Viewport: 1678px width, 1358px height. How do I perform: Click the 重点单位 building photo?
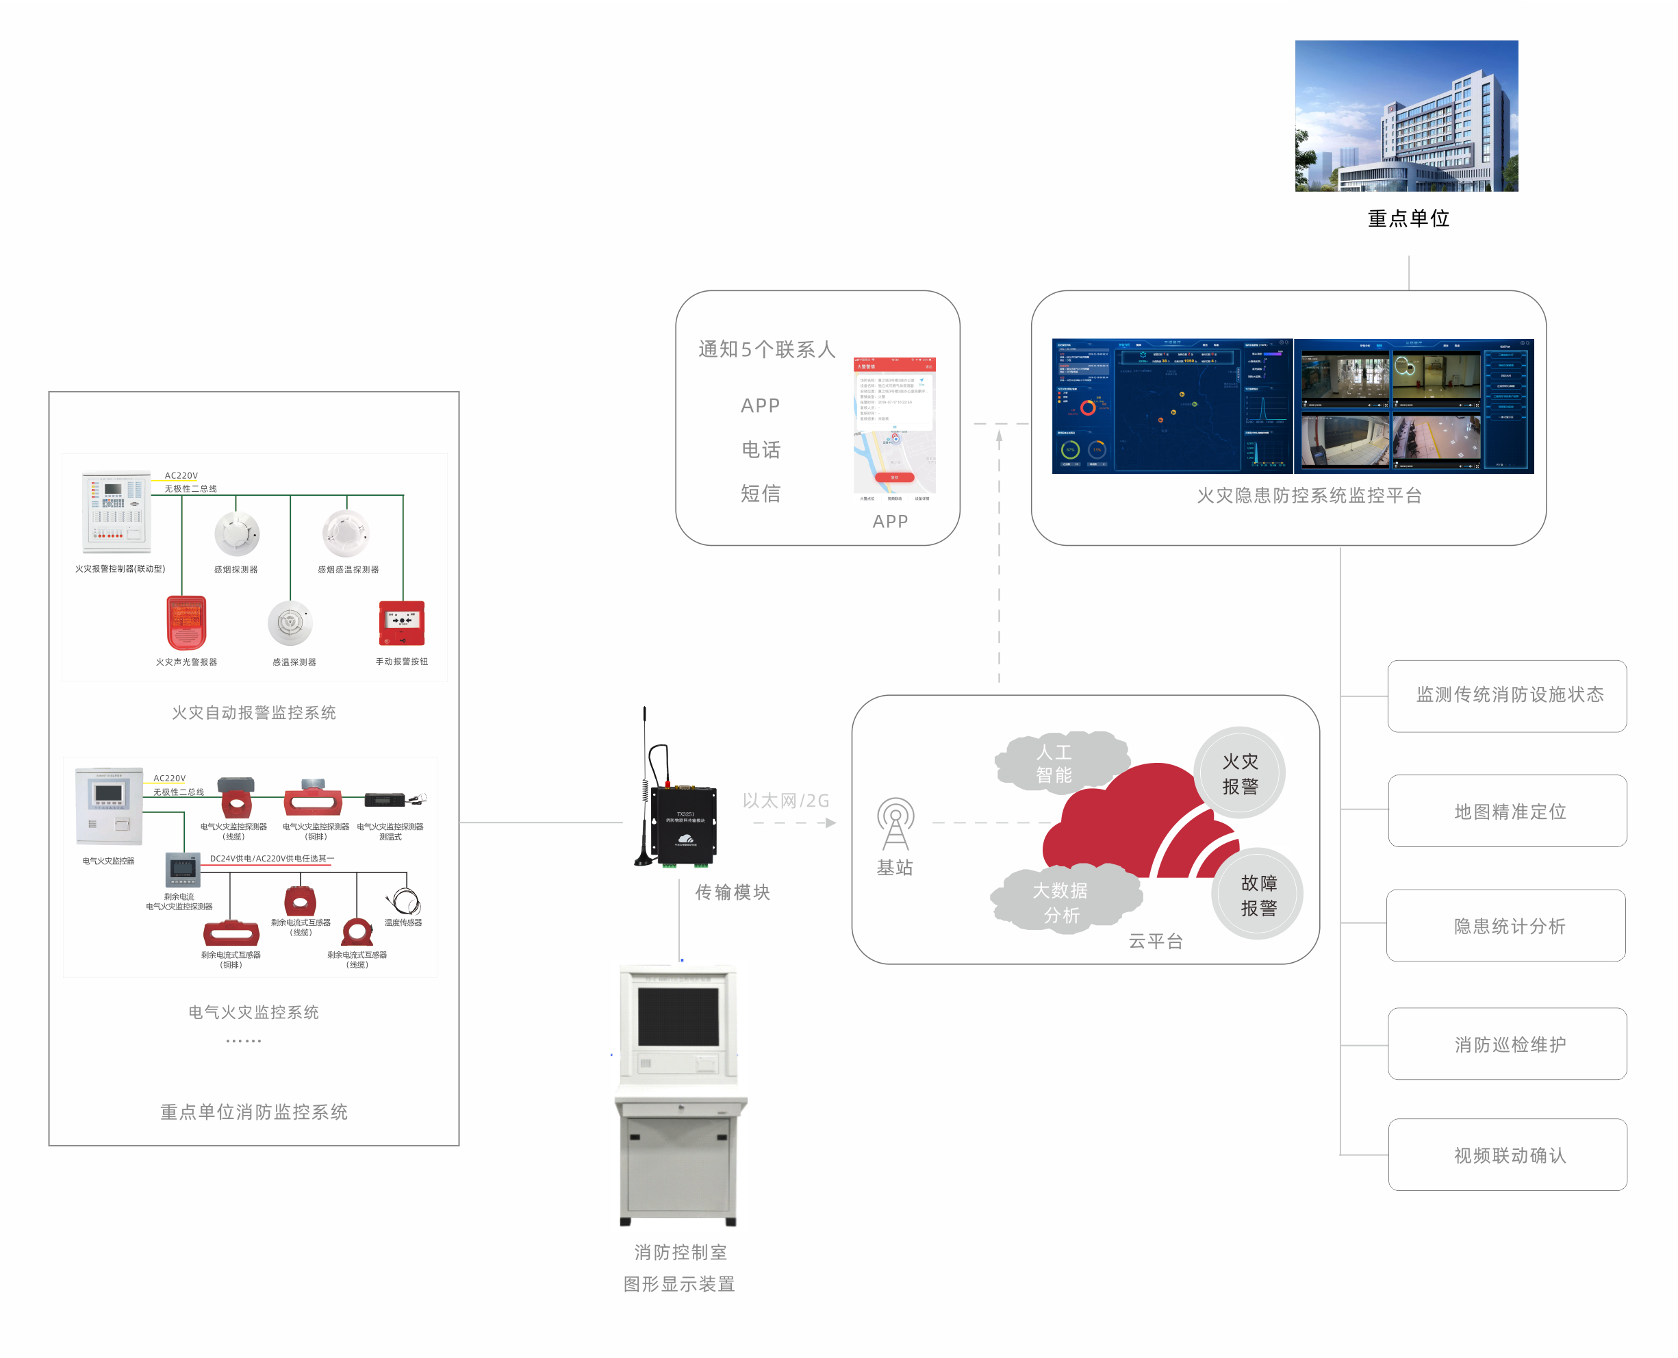point(1406,116)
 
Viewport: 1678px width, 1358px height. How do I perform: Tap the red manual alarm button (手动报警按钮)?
point(402,623)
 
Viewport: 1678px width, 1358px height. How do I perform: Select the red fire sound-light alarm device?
point(186,623)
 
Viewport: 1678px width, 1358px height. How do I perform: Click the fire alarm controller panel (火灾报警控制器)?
point(117,512)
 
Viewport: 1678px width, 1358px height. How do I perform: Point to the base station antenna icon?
point(895,824)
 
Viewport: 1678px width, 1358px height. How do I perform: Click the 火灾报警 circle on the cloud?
point(1239,773)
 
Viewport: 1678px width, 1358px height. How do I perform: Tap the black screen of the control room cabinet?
point(678,1016)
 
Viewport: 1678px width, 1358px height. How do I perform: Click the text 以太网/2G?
point(785,801)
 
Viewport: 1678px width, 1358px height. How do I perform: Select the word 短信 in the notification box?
point(760,494)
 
